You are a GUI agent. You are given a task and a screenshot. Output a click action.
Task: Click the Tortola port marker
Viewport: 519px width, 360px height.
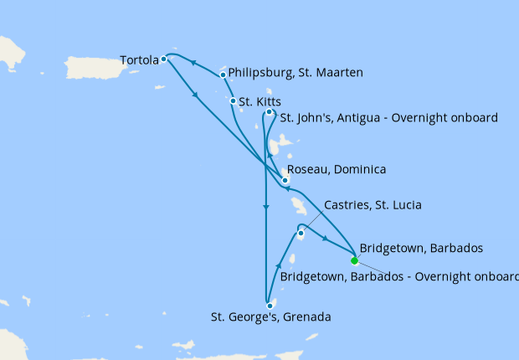[164, 59]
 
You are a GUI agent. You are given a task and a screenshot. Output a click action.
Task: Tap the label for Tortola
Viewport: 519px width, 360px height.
[139, 60]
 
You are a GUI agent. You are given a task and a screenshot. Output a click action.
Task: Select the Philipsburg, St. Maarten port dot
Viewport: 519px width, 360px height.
[223, 75]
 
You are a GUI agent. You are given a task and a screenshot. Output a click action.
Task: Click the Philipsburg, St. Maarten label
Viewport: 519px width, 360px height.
[295, 74]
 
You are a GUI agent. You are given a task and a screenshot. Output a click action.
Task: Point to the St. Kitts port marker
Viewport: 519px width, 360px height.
[233, 101]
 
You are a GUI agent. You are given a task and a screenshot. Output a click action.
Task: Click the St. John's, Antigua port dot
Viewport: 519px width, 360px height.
[269, 112]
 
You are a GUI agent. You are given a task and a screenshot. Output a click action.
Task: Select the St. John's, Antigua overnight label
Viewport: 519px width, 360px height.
[388, 118]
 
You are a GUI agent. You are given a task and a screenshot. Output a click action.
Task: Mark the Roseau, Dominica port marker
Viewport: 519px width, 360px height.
[285, 179]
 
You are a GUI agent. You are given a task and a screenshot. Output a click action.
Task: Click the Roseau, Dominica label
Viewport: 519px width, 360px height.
[337, 170]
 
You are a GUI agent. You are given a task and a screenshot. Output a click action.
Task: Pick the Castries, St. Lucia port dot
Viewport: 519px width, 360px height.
[300, 233]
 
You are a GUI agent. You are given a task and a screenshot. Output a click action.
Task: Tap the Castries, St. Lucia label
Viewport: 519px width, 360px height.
[373, 205]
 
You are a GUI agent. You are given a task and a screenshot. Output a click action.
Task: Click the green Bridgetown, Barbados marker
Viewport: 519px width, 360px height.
[354, 260]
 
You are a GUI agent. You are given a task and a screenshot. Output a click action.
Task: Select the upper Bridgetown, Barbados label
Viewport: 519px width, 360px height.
[420, 248]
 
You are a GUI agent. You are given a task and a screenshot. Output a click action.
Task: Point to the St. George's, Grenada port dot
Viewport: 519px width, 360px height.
[270, 306]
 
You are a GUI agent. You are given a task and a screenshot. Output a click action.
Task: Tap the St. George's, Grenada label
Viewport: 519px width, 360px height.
[271, 317]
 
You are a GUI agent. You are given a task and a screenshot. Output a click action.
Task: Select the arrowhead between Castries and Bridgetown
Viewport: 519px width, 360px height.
[325, 239]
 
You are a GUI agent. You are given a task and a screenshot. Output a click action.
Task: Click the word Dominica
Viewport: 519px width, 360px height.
[360, 170]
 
